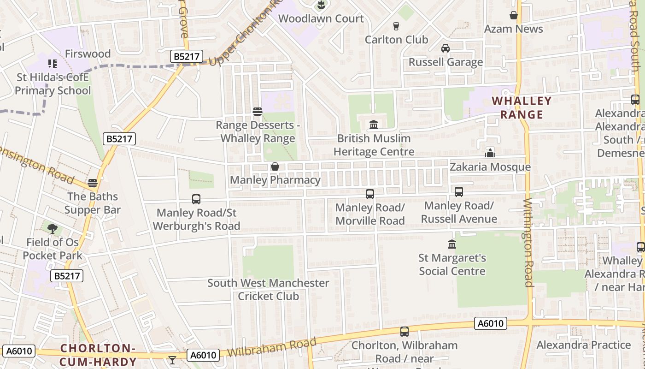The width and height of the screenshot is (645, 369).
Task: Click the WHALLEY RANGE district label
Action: coord(522,107)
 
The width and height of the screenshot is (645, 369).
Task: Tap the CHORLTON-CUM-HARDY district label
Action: coord(97,355)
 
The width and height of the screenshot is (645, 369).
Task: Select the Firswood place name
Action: coord(88,54)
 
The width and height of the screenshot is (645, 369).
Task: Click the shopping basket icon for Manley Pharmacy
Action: coord(275,167)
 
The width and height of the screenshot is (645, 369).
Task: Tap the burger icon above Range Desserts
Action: coord(258,112)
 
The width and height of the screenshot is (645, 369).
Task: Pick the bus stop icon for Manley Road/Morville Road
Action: coord(370,194)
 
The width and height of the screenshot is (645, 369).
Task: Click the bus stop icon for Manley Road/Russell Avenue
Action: coord(459,192)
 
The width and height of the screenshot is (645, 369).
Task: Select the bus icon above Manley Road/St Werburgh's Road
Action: coord(196,199)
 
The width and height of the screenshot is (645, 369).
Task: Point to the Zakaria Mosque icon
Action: coord(490,153)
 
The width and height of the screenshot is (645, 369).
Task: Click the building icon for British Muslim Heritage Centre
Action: coord(374,125)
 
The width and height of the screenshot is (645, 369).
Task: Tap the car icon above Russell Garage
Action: coord(446,48)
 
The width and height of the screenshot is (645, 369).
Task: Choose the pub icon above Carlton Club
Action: coord(396,26)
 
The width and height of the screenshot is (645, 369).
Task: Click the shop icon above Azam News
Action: coord(514,15)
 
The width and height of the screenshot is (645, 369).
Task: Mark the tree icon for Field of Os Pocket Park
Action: coord(53,228)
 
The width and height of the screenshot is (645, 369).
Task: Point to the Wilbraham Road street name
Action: coord(272,349)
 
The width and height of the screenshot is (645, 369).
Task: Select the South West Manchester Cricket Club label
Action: coord(268,289)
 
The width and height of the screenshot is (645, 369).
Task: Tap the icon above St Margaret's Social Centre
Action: coord(452,244)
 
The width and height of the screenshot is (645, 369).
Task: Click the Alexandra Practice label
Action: coord(583,345)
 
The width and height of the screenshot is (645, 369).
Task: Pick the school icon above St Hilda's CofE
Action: coord(52,63)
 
